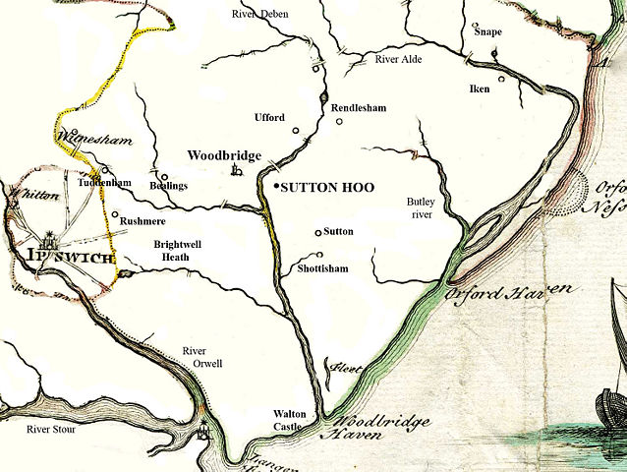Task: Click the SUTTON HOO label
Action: click(327, 187)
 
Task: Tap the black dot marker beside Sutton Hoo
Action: click(276, 186)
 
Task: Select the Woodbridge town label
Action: click(224, 155)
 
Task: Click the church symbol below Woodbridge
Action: click(235, 171)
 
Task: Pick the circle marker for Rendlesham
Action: click(340, 122)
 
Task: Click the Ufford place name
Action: click(268, 118)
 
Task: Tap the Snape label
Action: click(488, 31)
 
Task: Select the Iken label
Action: click(480, 89)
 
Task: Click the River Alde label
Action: click(399, 60)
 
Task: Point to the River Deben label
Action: click(260, 14)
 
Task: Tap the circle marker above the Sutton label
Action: click(316, 233)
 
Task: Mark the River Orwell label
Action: click(203, 357)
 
